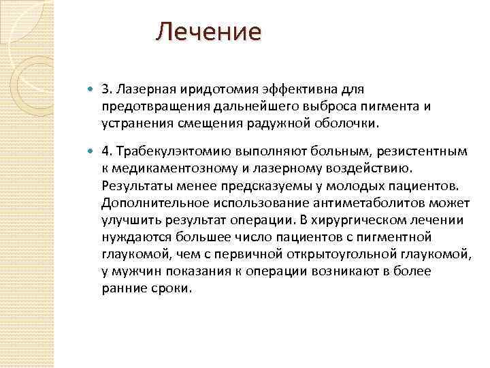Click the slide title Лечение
click(x=208, y=31)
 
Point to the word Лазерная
click(x=148, y=89)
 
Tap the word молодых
click(x=360, y=185)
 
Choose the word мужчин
click(x=133, y=271)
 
